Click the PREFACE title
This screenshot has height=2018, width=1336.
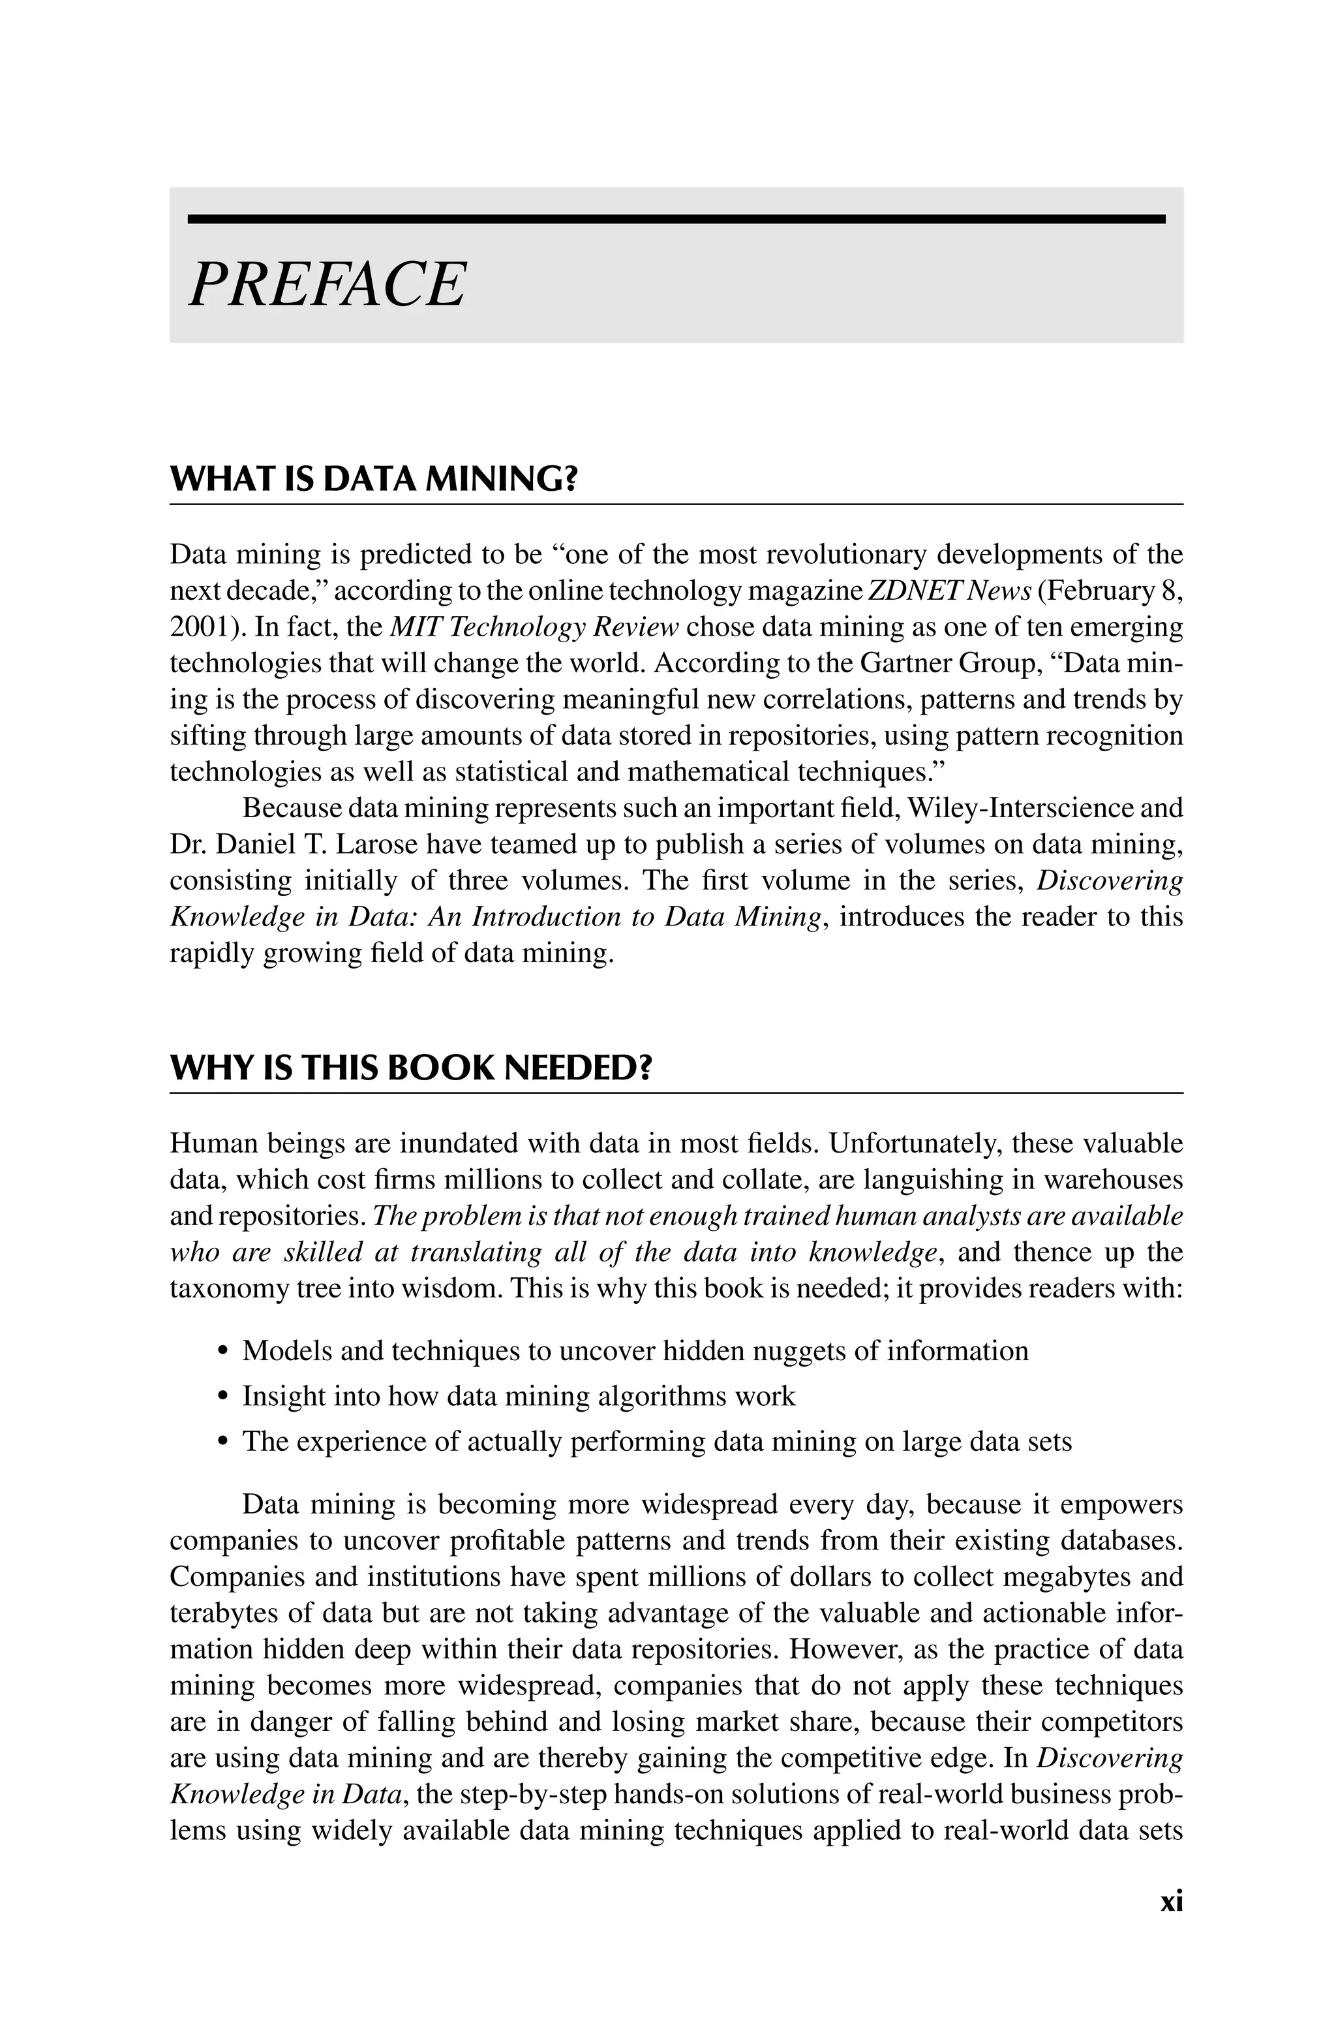click(x=327, y=284)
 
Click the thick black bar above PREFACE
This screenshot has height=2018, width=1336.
click(x=676, y=219)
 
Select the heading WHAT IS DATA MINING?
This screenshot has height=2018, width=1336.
click(x=374, y=480)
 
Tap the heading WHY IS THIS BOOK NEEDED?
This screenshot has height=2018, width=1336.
click(x=411, y=1068)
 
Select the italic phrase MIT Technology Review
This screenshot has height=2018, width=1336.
click(x=534, y=627)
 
